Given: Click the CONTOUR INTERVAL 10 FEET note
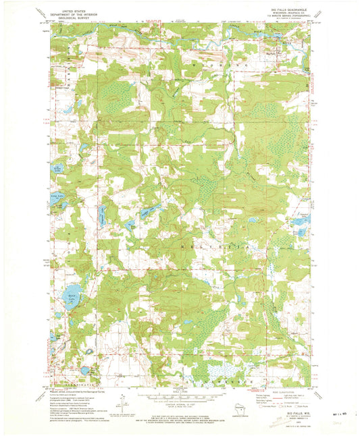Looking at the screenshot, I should pyautogui.click(x=179, y=402).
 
